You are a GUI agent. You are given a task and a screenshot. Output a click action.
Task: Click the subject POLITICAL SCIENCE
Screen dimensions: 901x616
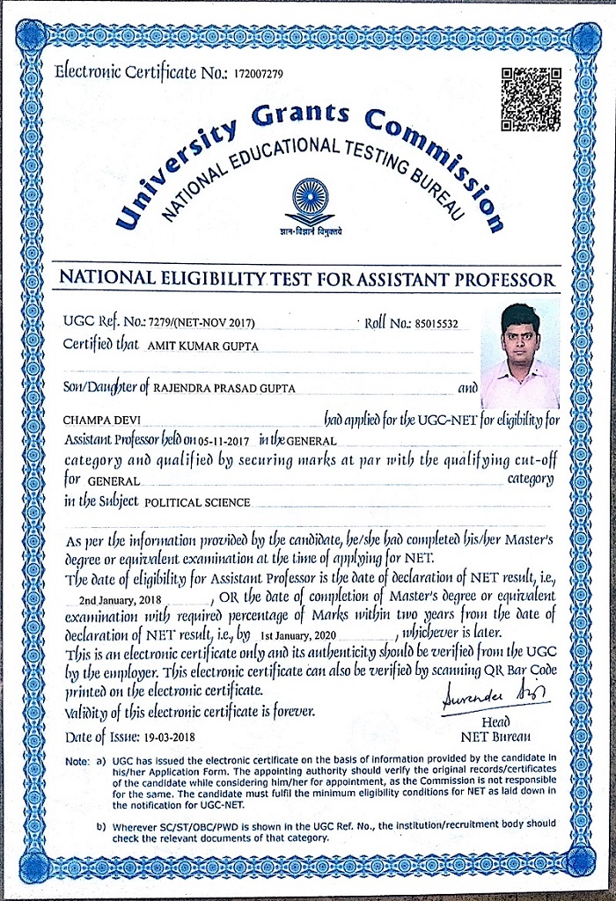click(x=196, y=502)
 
